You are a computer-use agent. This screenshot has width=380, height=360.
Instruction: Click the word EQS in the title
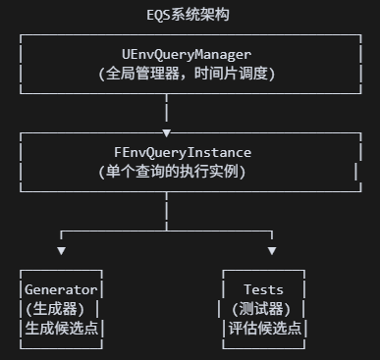point(158,16)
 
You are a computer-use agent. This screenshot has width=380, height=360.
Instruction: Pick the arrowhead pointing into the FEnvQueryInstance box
point(166,131)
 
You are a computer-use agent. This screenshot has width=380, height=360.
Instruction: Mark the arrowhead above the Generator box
point(62,251)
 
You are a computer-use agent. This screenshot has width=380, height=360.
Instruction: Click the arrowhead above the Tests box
point(262,251)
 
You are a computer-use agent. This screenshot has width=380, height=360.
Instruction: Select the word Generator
point(61,289)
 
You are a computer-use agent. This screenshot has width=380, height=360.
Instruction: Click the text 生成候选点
point(61,329)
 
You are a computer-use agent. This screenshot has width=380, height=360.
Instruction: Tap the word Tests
point(263,289)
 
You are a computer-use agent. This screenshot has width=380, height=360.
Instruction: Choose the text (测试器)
point(262,309)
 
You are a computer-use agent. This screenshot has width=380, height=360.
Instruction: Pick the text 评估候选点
point(263,329)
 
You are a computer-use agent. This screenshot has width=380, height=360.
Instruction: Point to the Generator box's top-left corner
point(22,271)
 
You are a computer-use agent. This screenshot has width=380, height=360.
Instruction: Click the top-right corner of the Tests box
point(302,271)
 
